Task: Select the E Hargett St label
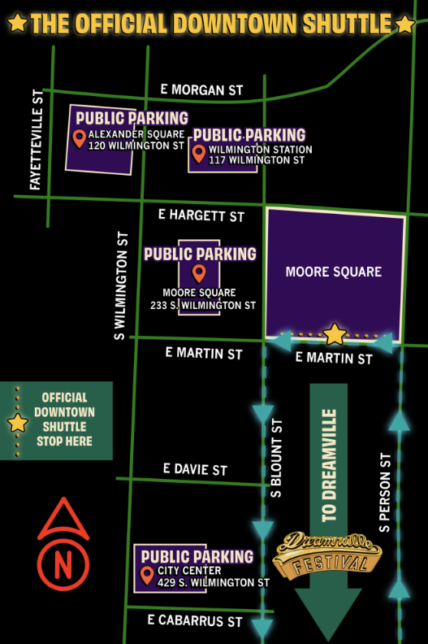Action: click(x=201, y=216)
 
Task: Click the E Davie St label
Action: click(x=195, y=469)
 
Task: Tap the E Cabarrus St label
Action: click(x=195, y=621)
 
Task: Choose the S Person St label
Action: click(x=384, y=492)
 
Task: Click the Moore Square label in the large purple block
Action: click(x=333, y=272)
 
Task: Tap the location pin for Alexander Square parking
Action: click(x=79, y=138)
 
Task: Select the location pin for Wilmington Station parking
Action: click(x=199, y=153)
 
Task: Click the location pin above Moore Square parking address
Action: click(x=199, y=273)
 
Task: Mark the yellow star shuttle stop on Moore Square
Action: click(x=335, y=333)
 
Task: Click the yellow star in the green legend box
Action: click(x=17, y=423)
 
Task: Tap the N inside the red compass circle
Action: click(x=63, y=562)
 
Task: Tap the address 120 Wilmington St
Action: click(x=136, y=146)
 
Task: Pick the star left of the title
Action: click(x=16, y=23)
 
